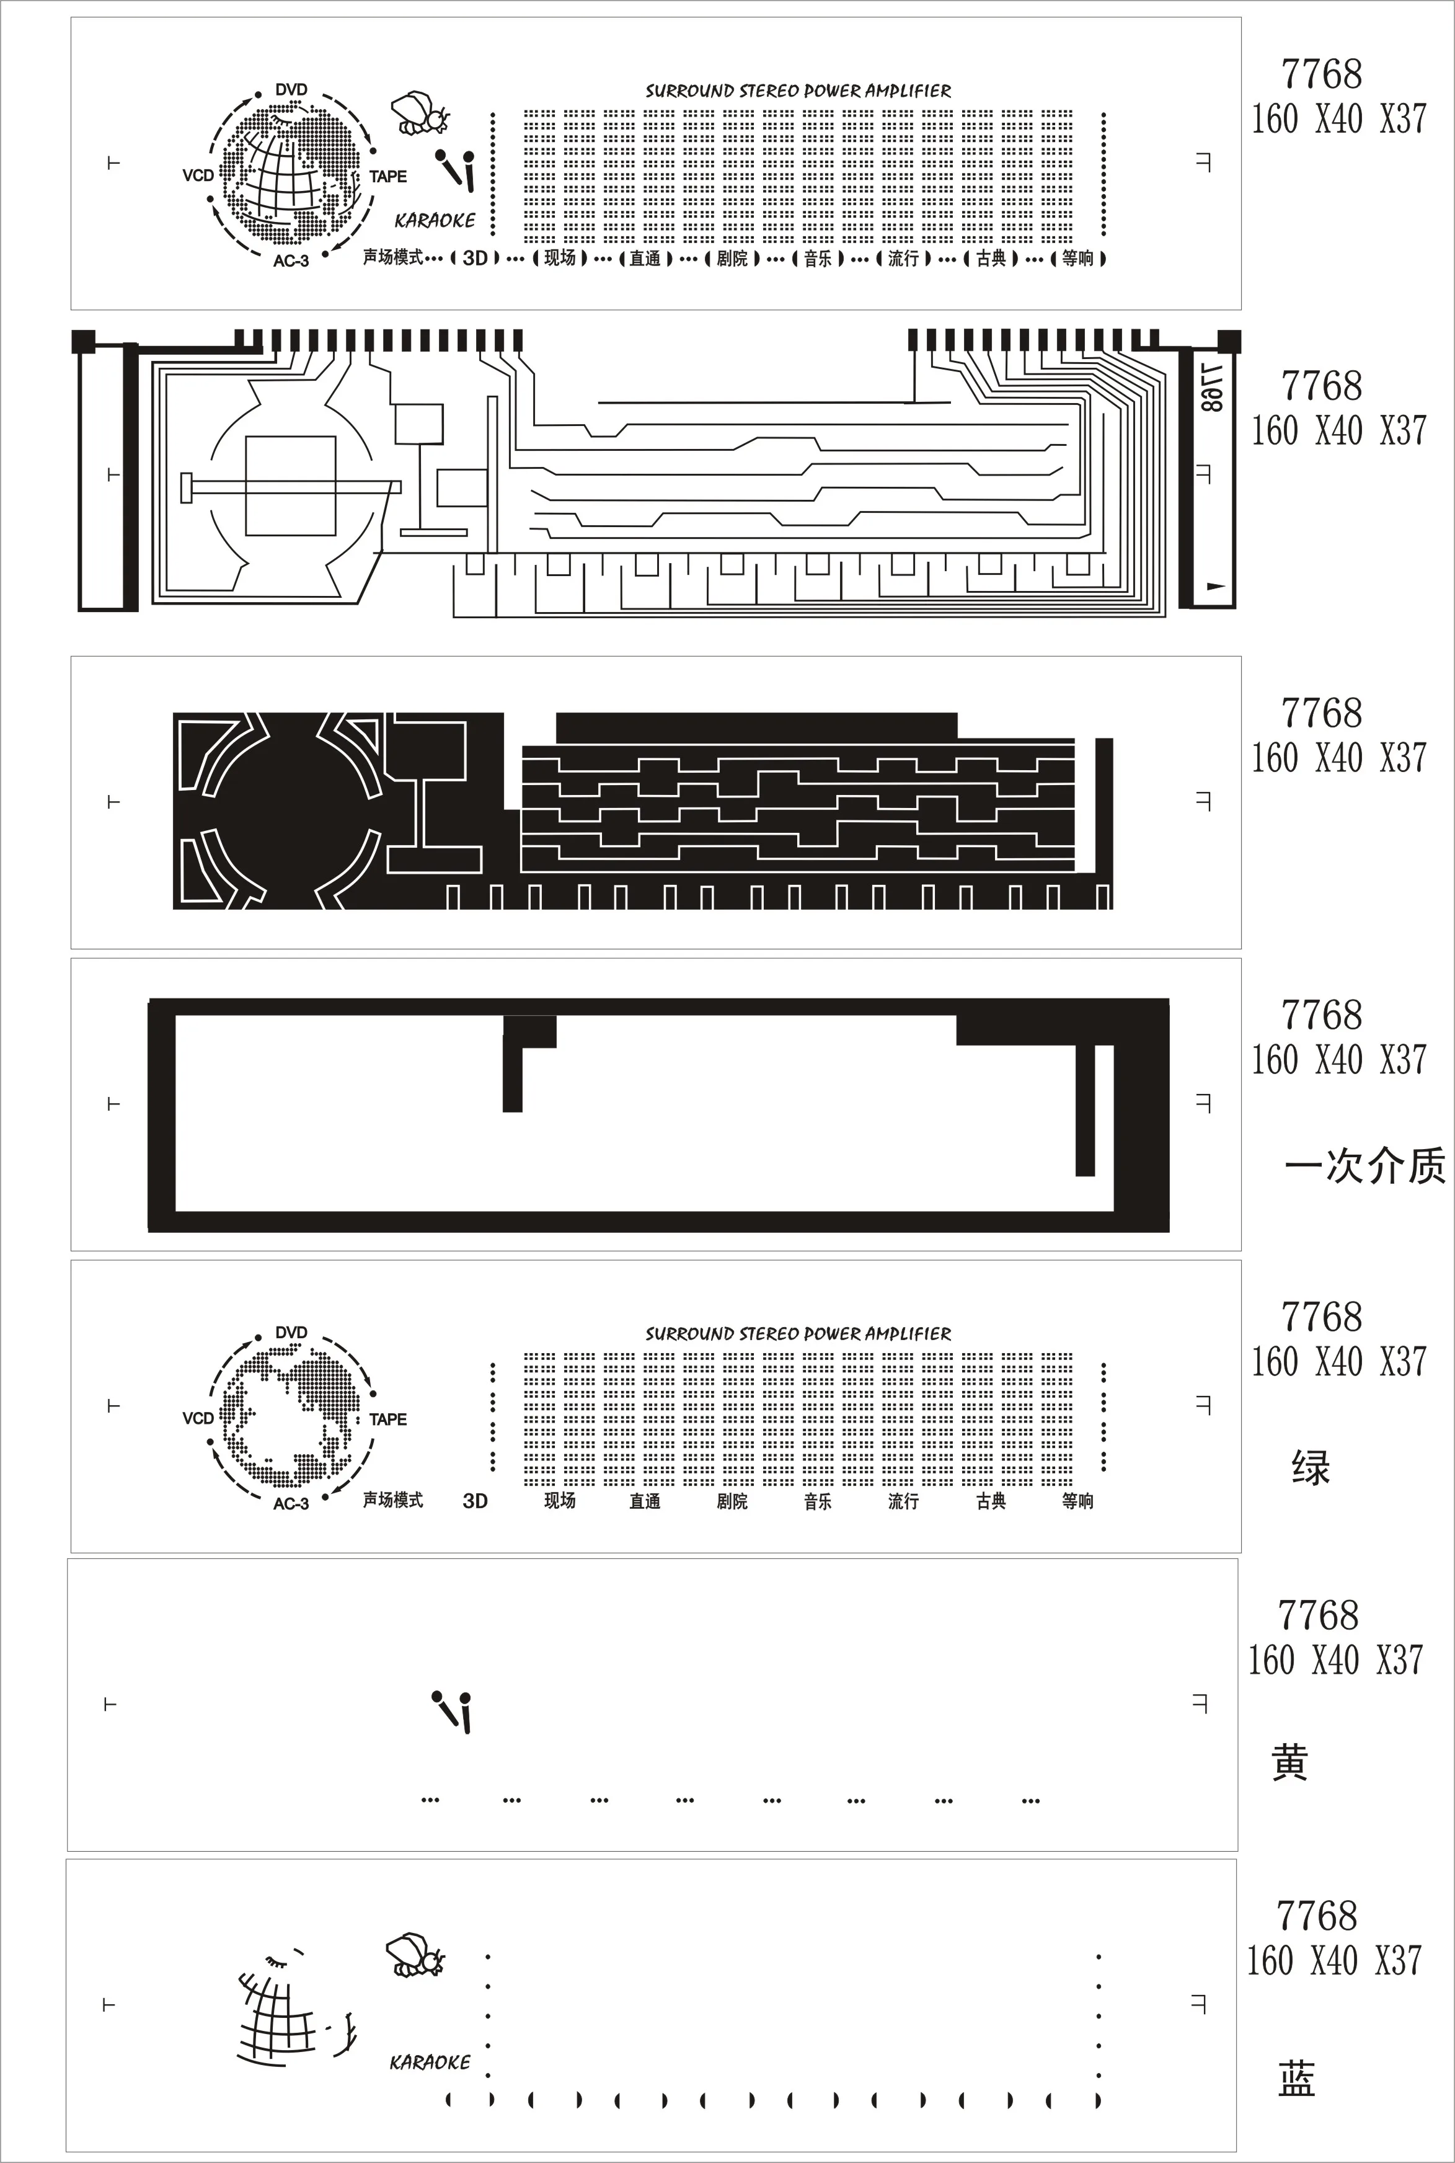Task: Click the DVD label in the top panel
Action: (291, 90)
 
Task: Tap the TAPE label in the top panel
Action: (388, 176)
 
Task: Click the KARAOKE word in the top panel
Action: (435, 221)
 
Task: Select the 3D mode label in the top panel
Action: (475, 258)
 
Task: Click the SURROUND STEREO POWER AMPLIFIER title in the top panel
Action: (798, 91)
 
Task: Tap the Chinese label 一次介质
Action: (1364, 1165)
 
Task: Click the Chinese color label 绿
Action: (1310, 1468)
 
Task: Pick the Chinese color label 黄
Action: (1290, 1763)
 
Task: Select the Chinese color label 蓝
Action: (1296, 2079)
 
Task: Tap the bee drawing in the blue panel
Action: (415, 1955)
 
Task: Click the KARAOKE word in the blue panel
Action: (430, 2062)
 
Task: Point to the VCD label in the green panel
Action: (198, 1418)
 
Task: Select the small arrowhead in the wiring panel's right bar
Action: (1214, 587)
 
